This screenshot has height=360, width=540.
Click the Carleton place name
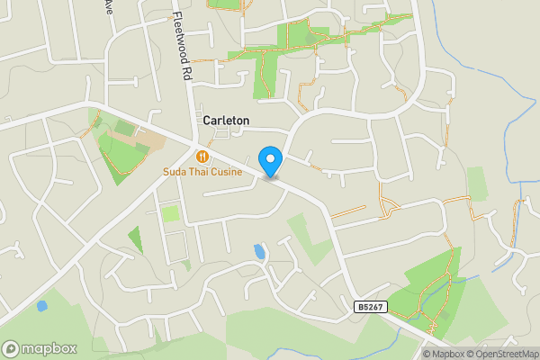[226, 120]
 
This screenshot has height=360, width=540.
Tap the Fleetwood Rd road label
[183, 45]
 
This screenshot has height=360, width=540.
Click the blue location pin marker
[271, 162]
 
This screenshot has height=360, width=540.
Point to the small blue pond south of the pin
[260, 251]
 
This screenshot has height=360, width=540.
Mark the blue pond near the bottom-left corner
[41, 306]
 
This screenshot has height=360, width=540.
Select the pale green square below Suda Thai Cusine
[170, 214]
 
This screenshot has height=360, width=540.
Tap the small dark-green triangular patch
[136, 238]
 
